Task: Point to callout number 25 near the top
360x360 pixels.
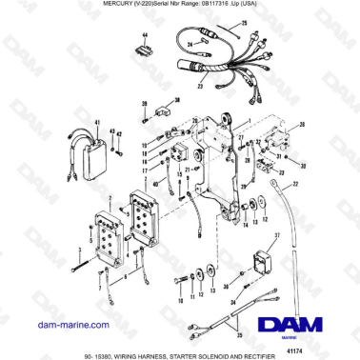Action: (242, 20)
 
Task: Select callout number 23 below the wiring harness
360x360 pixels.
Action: (200, 87)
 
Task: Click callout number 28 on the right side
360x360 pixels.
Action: (303, 126)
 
